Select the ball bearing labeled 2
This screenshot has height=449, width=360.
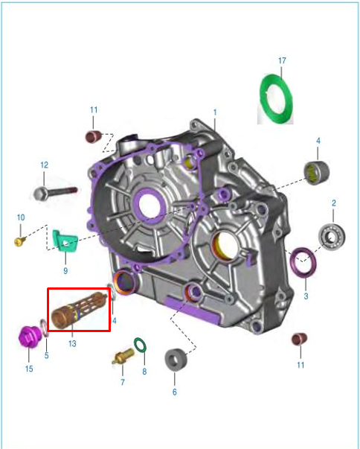[332, 237]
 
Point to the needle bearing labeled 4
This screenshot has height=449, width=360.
[316, 173]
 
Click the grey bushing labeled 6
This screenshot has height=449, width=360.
[176, 360]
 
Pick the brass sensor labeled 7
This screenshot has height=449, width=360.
[123, 356]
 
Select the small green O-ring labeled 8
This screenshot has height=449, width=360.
[140, 345]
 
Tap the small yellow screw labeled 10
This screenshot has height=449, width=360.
[20, 242]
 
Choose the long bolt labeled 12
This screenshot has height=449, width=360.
[56, 193]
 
